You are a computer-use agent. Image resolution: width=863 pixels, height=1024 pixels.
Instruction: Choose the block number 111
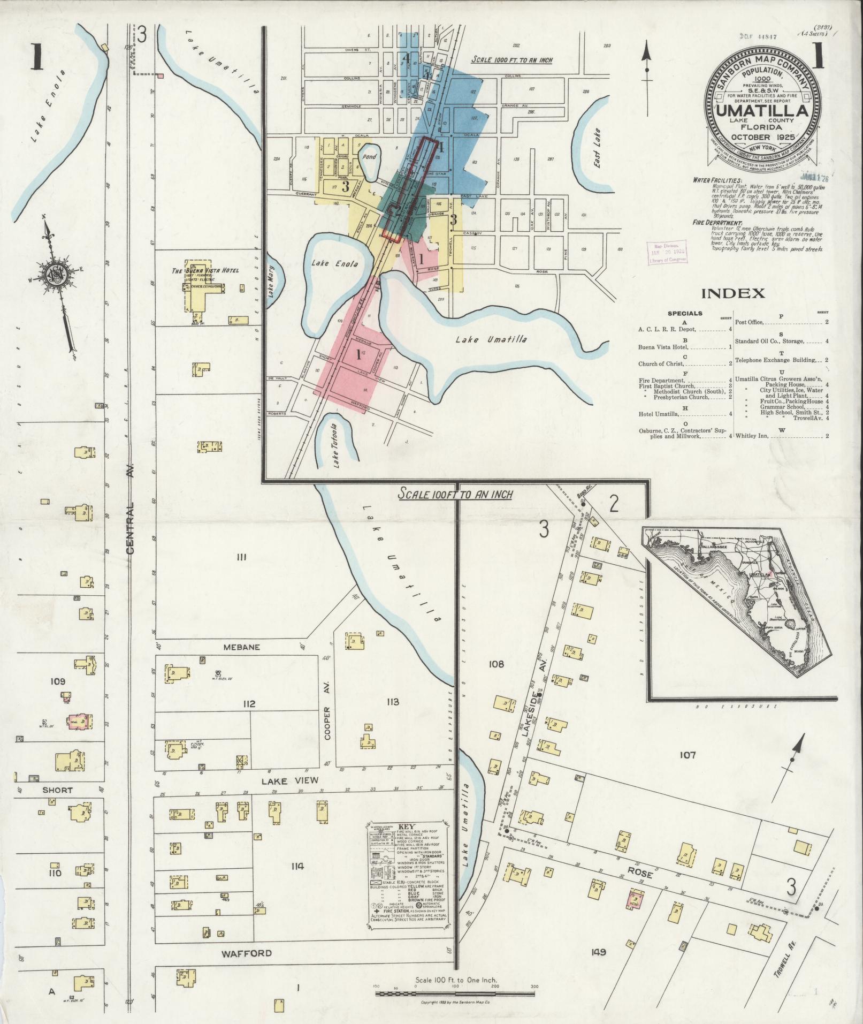[240, 557]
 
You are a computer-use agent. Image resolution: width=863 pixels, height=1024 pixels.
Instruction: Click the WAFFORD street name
[247, 953]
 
